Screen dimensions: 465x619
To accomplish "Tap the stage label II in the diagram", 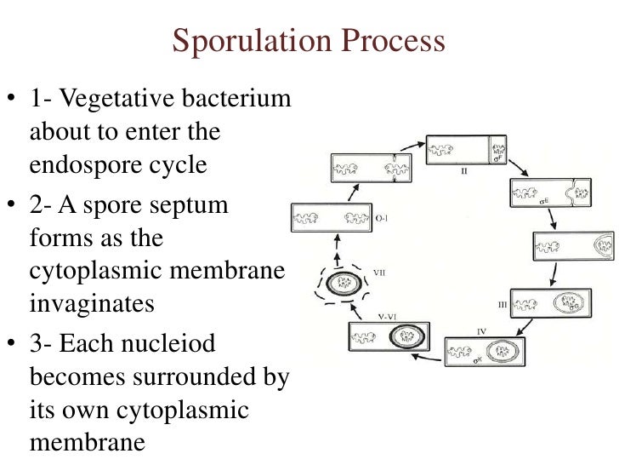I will click(x=464, y=169).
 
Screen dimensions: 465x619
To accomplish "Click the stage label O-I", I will click(x=383, y=218).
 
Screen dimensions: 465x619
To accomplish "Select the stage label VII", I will click(x=383, y=272).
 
